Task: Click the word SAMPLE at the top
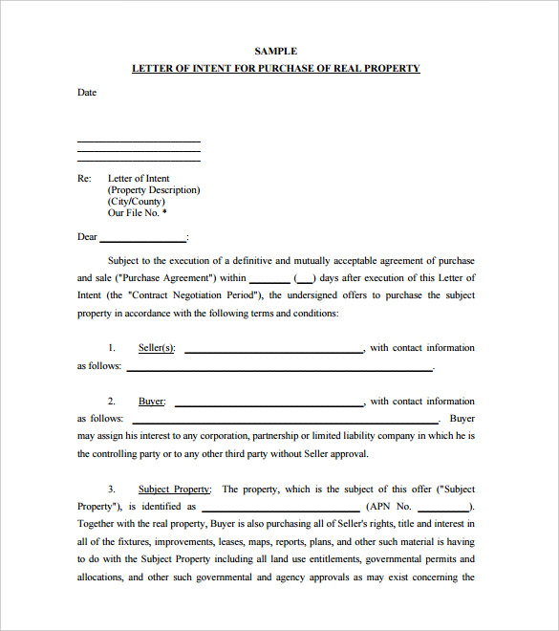(276, 51)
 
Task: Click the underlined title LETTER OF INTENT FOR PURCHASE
(275, 69)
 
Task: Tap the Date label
(87, 93)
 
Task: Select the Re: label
(84, 179)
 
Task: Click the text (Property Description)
(154, 190)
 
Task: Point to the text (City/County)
(136, 202)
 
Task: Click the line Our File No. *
(138, 213)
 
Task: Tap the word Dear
(87, 237)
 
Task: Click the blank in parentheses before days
(305, 279)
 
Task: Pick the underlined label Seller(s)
(157, 348)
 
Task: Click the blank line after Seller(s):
(273, 351)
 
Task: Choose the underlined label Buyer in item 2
(151, 402)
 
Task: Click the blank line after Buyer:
(269, 404)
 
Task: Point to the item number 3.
(112, 490)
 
